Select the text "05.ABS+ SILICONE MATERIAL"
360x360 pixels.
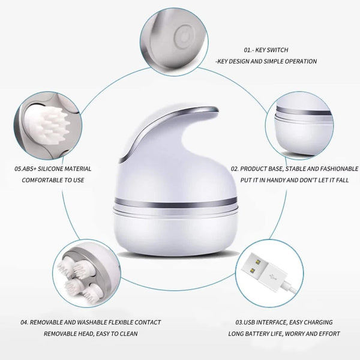pos(53,169)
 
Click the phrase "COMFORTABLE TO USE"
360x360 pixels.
pos(53,180)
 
